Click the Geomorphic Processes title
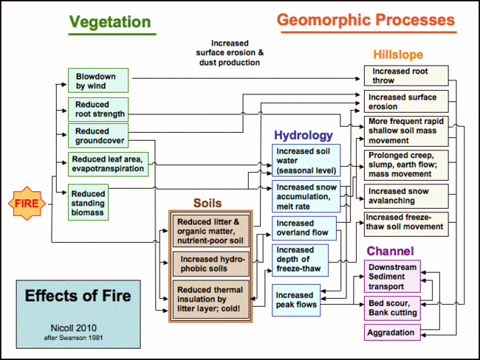click(x=366, y=19)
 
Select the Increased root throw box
click(x=405, y=75)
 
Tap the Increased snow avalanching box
click(x=405, y=195)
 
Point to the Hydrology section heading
click(x=304, y=136)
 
